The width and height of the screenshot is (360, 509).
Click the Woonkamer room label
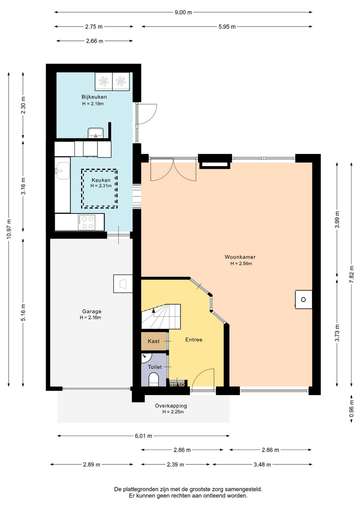click(x=240, y=257)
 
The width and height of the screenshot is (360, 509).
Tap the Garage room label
click(x=92, y=312)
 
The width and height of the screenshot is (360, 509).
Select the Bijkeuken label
click(x=94, y=97)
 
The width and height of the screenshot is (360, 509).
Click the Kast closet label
click(x=154, y=341)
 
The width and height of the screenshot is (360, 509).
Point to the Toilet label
click(x=155, y=367)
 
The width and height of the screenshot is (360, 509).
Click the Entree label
click(x=194, y=340)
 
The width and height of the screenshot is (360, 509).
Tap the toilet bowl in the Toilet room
click(x=154, y=380)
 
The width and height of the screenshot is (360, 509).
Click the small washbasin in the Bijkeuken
click(x=96, y=133)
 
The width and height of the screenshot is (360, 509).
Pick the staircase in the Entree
click(x=161, y=316)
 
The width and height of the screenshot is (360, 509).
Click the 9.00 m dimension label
click(x=183, y=12)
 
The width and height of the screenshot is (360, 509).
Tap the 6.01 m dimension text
click(x=143, y=436)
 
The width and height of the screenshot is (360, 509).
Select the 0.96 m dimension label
click(x=351, y=409)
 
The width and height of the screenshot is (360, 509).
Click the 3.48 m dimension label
click(x=262, y=464)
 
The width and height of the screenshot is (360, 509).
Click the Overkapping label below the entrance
click(x=171, y=406)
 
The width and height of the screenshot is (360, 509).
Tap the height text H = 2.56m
click(x=241, y=264)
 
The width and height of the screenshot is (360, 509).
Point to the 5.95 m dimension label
click(x=227, y=27)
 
